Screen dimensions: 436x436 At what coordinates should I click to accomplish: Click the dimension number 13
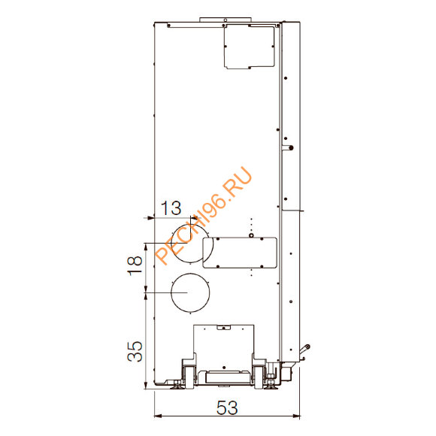(x=171, y=208)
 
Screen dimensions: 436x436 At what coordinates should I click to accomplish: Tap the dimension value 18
(x=135, y=266)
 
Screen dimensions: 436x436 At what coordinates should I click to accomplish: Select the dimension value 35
(x=135, y=351)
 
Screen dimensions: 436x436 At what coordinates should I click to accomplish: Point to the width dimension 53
(x=227, y=407)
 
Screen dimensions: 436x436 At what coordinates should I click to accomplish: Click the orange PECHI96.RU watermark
(x=204, y=216)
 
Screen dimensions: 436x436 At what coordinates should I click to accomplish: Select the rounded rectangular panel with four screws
(x=240, y=253)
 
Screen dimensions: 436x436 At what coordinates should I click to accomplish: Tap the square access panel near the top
(x=250, y=47)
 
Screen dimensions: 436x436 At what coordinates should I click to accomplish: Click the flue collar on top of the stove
(x=226, y=20)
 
